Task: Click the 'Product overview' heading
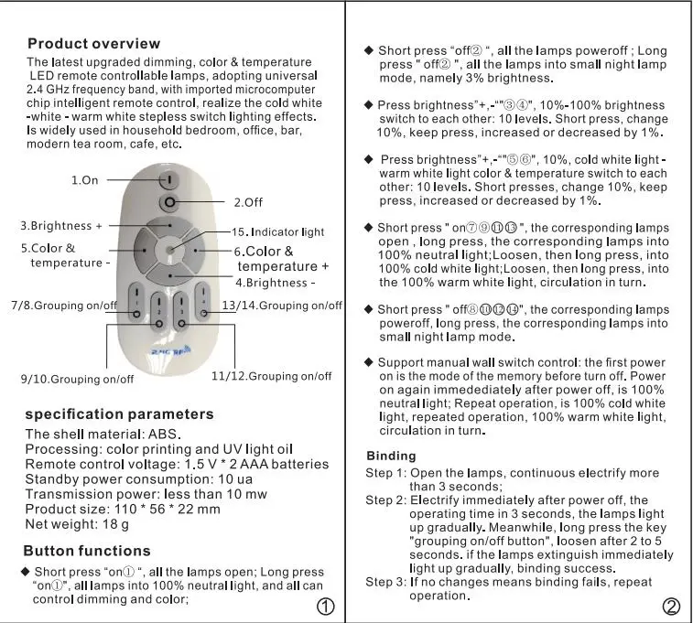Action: tap(93, 44)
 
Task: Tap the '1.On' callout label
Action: tap(84, 180)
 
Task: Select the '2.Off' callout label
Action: tap(249, 201)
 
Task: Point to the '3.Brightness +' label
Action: tap(61, 225)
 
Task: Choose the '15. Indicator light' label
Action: tap(277, 232)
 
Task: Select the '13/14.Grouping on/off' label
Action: tap(282, 305)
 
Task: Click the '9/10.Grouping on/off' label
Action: tap(77, 379)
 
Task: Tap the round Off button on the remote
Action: tap(168, 204)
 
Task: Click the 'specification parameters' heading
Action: tap(119, 414)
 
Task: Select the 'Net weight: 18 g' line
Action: tap(77, 523)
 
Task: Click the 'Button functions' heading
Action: tap(87, 551)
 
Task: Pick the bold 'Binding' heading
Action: tap(391, 456)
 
